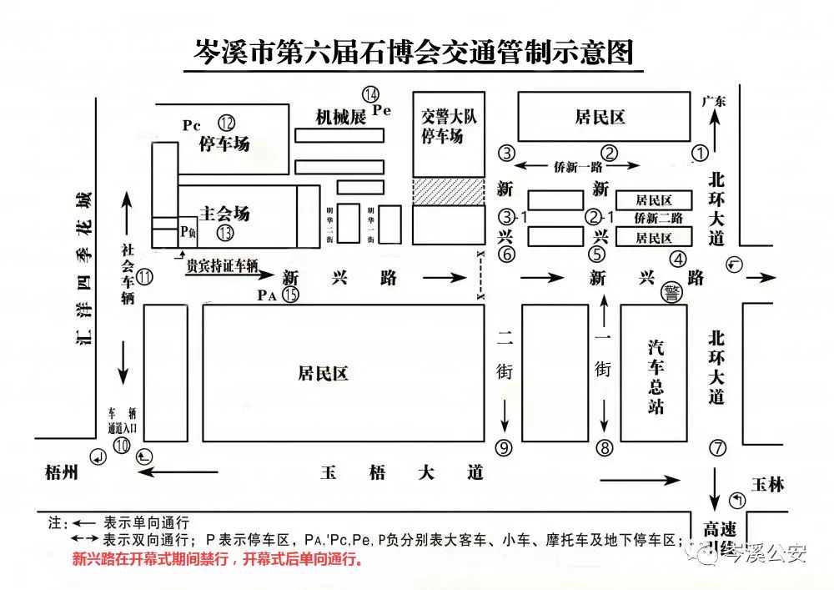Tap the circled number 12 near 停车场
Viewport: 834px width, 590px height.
(227, 123)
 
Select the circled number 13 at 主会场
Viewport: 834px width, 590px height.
(224, 234)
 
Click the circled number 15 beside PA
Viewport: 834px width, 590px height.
(290, 295)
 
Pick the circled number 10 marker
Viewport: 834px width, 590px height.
(123, 445)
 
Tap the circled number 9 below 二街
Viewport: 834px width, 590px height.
(503, 448)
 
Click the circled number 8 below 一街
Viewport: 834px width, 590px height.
(605, 448)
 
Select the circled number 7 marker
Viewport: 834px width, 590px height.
(717, 447)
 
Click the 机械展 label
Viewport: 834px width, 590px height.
(340, 117)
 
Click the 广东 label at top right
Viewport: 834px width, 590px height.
(714, 101)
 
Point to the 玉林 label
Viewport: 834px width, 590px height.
(766, 484)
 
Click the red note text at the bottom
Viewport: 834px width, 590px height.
(219, 559)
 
